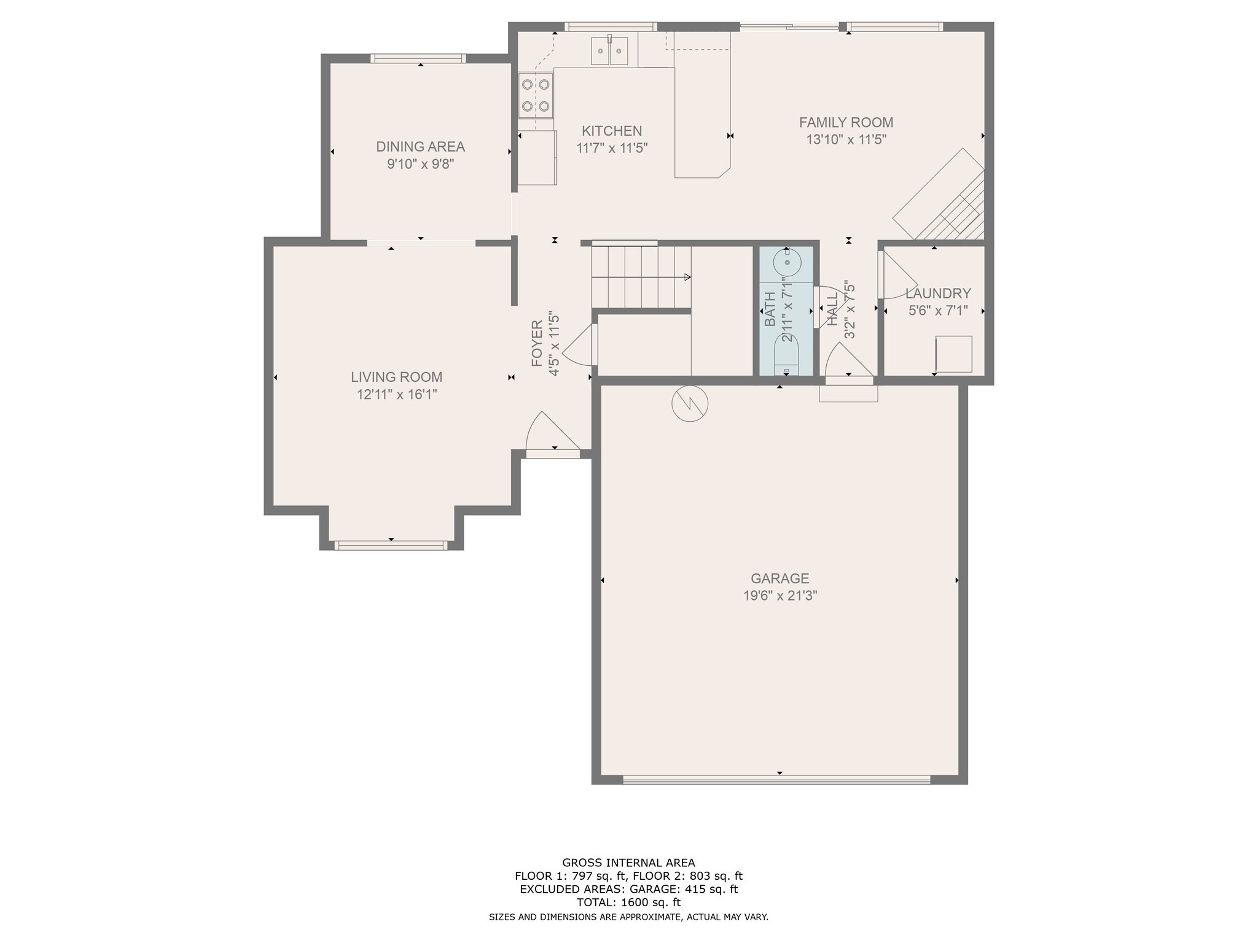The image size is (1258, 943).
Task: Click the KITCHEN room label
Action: coord(612,131)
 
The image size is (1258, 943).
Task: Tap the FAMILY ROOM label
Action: coord(846,122)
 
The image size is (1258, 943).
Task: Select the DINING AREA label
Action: coord(420,147)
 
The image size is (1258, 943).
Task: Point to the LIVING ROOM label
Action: coord(397,377)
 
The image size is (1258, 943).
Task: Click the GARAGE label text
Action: coord(779,578)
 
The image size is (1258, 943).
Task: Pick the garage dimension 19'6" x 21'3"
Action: coord(779,596)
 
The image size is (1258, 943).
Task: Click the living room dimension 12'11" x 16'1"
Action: coord(397,394)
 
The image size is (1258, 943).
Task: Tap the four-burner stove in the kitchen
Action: coord(536,95)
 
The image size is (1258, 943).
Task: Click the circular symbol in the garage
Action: coord(690,403)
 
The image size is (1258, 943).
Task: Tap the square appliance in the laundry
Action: coord(953,354)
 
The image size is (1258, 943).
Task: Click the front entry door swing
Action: coord(552,432)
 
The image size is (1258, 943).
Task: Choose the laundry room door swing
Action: coord(896,275)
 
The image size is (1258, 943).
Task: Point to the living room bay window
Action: coord(391,545)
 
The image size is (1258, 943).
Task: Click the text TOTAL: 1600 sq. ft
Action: coord(628,902)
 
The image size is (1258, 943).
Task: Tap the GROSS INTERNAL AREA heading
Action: coord(628,863)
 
